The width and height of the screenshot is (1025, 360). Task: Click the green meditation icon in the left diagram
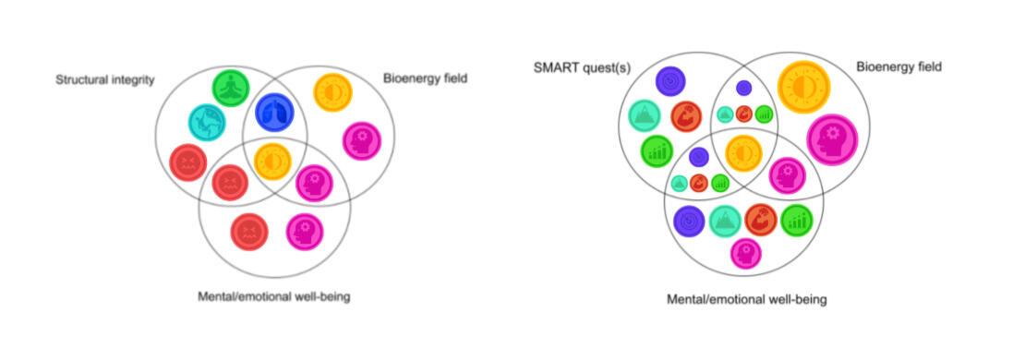coord(232,89)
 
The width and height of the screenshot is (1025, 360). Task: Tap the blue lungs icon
coord(274,113)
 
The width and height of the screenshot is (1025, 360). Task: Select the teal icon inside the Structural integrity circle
coord(207,123)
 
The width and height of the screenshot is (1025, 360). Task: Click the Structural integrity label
coord(104,80)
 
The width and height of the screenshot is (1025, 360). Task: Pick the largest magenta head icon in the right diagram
coord(831,139)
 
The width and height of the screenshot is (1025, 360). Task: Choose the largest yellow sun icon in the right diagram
coord(803,87)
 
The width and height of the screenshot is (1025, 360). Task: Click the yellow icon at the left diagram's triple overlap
coord(272,161)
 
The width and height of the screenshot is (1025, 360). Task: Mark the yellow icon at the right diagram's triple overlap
coord(743,153)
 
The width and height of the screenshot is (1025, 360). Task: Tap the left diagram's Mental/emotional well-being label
coord(274,296)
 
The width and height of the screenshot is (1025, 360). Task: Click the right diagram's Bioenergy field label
coord(898,66)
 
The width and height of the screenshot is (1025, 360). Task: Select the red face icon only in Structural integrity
coord(188,162)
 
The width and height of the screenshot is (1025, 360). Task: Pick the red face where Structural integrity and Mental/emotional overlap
coord(230,182)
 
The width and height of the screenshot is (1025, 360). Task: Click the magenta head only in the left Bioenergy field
coord(361,141)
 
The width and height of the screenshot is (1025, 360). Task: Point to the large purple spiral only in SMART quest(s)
coord(670,81)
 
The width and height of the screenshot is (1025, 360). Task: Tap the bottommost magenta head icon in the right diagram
coord(746,254)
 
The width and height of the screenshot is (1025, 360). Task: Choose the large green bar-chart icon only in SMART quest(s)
coord(657,151)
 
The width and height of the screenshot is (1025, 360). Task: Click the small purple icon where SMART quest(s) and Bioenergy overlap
coord(744,88)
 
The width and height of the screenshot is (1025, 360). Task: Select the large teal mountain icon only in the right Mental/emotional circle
coord(725,221)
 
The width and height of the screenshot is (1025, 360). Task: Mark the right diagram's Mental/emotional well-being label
coord(746,299)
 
